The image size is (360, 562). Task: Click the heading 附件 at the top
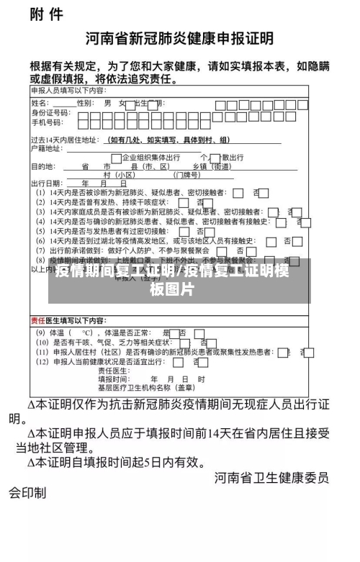pos(46,15)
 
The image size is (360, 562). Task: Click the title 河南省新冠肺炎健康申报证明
pos(180,37)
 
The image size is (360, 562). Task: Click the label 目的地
pos(42,166)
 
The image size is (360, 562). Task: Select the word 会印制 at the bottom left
pos(27,494)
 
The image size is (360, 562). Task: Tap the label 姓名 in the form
pos(41,104)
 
